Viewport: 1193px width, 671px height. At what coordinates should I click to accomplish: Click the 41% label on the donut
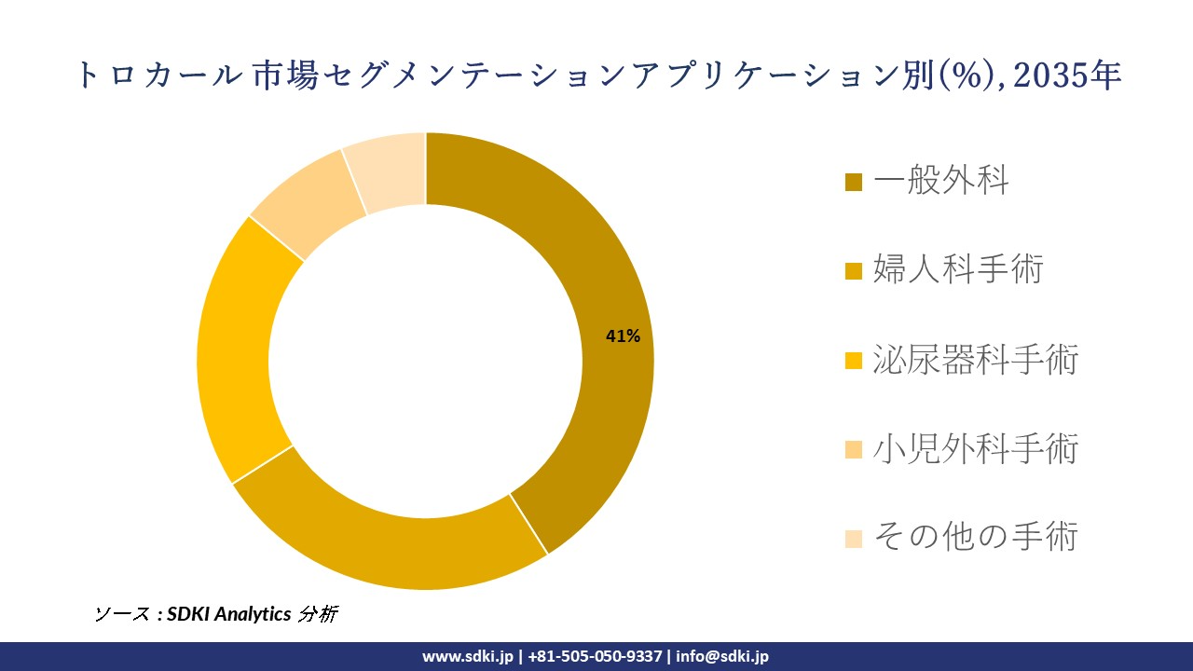point(623,336)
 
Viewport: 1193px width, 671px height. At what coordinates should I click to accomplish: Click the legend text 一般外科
point(940,181)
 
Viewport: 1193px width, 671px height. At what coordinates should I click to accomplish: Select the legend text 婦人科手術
point(958,270)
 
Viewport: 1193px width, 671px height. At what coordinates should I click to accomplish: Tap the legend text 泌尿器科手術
point(975,360)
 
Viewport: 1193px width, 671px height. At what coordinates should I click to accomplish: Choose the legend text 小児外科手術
point(975,449)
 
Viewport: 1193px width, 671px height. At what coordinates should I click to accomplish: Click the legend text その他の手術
point(975,538)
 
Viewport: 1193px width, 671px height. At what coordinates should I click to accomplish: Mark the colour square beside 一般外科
point(854,182)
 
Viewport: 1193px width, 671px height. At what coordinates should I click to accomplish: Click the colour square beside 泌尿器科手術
point(854,361)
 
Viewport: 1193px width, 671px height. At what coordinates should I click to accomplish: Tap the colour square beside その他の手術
point(854,539)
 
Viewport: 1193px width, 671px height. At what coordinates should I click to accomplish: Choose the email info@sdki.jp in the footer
point(722,656)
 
